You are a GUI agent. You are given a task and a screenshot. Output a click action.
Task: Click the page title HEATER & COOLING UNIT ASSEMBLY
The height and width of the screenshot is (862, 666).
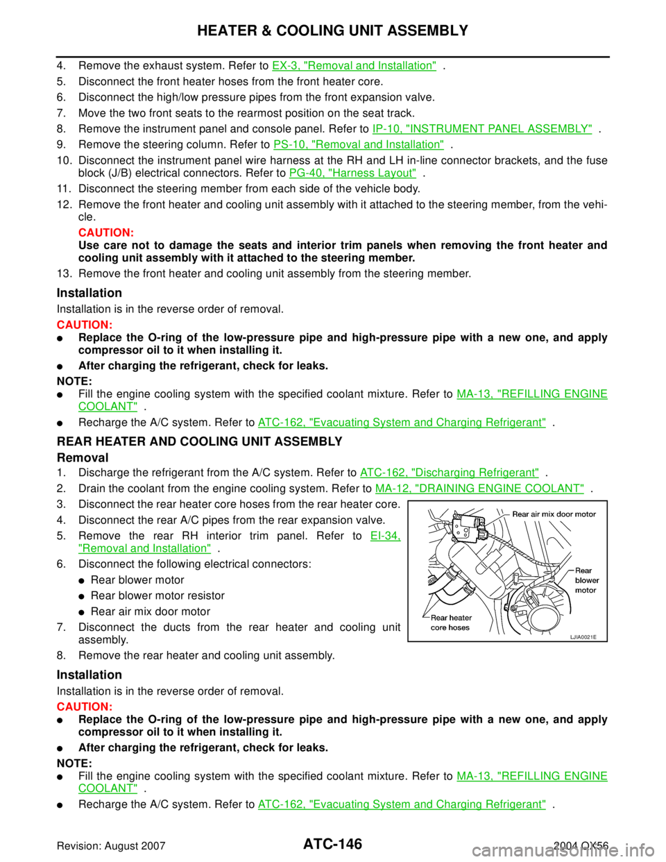click(x=332, y=31)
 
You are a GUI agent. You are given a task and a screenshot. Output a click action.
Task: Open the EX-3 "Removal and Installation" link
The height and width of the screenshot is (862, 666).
click(x=355, y=65)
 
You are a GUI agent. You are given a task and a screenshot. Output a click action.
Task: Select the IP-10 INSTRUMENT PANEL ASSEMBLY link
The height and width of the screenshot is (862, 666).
click(x=482, y=128)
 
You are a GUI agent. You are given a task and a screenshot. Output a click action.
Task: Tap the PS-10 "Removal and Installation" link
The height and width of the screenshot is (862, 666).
click(x=359, y=144)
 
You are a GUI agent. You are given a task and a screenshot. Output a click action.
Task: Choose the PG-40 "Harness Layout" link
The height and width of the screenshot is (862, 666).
click(x=353, y=173)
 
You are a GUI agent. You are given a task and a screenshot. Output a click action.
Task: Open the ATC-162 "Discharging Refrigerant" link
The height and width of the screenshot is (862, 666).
click(x=449, y=473)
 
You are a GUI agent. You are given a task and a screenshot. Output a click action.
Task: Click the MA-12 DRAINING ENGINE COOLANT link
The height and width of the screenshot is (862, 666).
click(x=479, y=489)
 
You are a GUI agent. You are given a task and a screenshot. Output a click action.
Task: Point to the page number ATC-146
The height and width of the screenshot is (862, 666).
click(x=332, y=844)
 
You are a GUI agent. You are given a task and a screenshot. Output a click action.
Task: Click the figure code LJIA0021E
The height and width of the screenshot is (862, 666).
click(x=583, y=637)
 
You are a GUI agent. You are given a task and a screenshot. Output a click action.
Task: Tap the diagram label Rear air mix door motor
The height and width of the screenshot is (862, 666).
click(x=554, y=514)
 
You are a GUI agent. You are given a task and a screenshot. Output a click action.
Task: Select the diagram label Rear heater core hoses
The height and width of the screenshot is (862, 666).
click(x=451, y=623)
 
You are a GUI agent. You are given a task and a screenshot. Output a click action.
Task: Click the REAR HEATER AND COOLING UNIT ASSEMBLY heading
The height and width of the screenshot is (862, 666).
click(x=199, y=441)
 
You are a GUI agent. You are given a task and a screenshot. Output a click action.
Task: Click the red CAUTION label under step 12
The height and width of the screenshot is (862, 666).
click(x=106, y=233)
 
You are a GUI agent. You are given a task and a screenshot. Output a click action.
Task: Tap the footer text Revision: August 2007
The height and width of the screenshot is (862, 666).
click(x=111, y=846)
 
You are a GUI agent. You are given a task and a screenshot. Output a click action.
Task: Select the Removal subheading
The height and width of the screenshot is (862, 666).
click(x=83, y=457)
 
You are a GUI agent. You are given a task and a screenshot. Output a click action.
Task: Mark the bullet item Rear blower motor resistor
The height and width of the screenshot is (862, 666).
click(x=157, y=595)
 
